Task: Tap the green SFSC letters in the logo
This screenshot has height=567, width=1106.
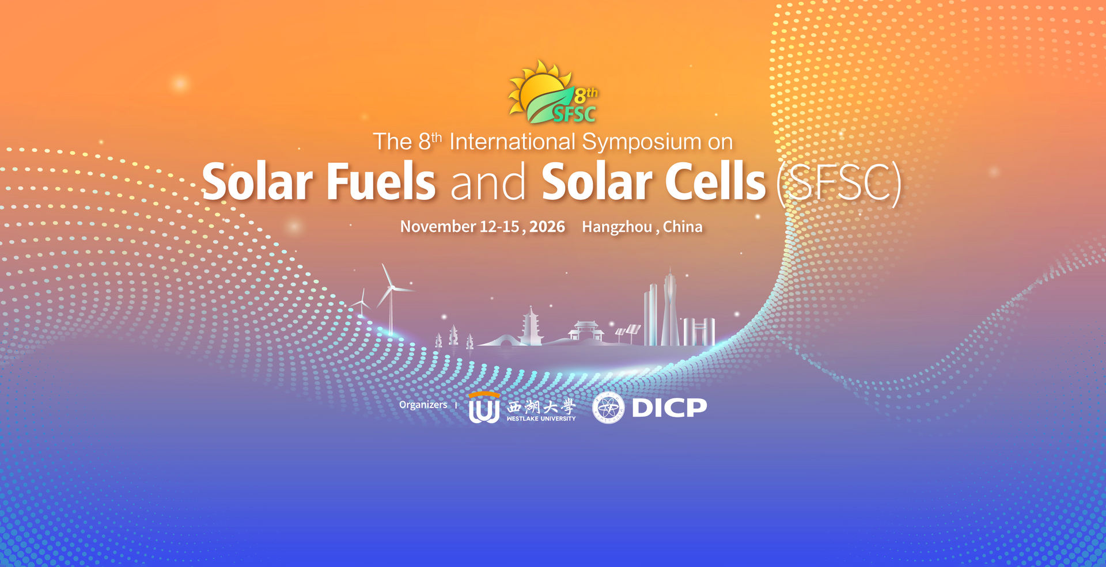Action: pyautogui.click(x=574, y=114)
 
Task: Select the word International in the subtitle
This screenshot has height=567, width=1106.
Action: pyautogui.click(x=512, y=142)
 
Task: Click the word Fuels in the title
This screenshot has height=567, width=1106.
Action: pyautogui.click(x=381, y=182)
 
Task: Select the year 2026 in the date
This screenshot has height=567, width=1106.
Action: pyautogui.click(x=547, y=227)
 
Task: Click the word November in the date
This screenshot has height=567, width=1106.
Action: pyautogui.click(x=438, y=227)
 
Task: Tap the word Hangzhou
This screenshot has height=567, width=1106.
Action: pyautogui.click(x=617, y=227)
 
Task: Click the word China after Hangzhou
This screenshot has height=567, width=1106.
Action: pyautogui.click(x=683, y=227)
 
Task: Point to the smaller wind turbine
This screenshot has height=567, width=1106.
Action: pyautogui.click(x=362, y=304)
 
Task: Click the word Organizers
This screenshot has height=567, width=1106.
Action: pyautogui.click(x=423, y=405)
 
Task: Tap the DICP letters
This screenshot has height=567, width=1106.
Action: pyautogui.click(x=669, y=408)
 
